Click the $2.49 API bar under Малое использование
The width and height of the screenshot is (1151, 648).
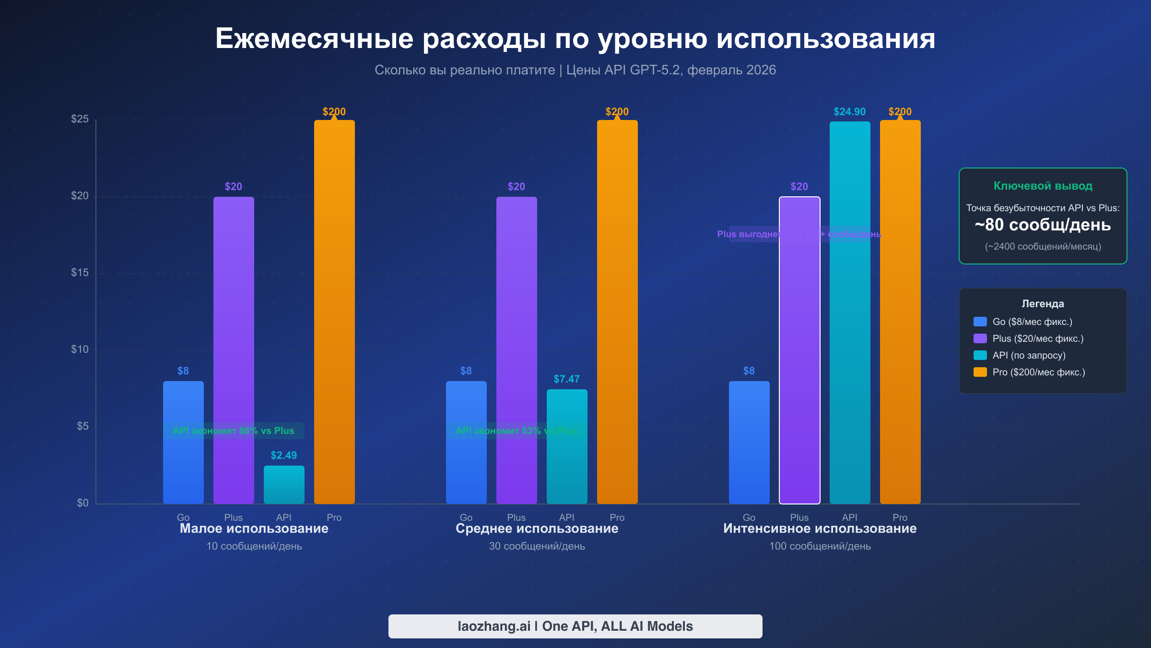(x=284, y=485)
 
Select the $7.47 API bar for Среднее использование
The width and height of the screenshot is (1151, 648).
(x=567, y=461)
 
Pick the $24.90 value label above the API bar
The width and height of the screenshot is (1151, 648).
(x=849, y=112)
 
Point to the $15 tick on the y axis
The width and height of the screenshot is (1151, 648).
(x=80, y=273)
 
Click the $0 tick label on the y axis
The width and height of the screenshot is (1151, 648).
(x=82, y=503)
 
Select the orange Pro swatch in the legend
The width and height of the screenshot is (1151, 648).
(x=980, y=372)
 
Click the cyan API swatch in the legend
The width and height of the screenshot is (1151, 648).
(x=980, y=355)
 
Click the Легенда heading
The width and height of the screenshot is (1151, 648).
(x=1043, y=304)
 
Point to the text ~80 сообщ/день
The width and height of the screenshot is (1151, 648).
(x=1043, y=225)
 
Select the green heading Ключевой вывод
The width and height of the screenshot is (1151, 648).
(x=1043, y=186)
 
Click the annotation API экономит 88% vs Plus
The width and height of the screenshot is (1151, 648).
(x=234, y=431)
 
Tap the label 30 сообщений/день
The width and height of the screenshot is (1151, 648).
(x=537, y=546)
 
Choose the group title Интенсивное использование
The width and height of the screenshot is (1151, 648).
(x=820, y=528)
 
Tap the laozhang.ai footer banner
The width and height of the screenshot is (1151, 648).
(x=575, y=626)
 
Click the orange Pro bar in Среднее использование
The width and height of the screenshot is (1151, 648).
(x=617, y=312)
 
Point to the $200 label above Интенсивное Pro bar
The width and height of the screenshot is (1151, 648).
(x=900, y=112)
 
